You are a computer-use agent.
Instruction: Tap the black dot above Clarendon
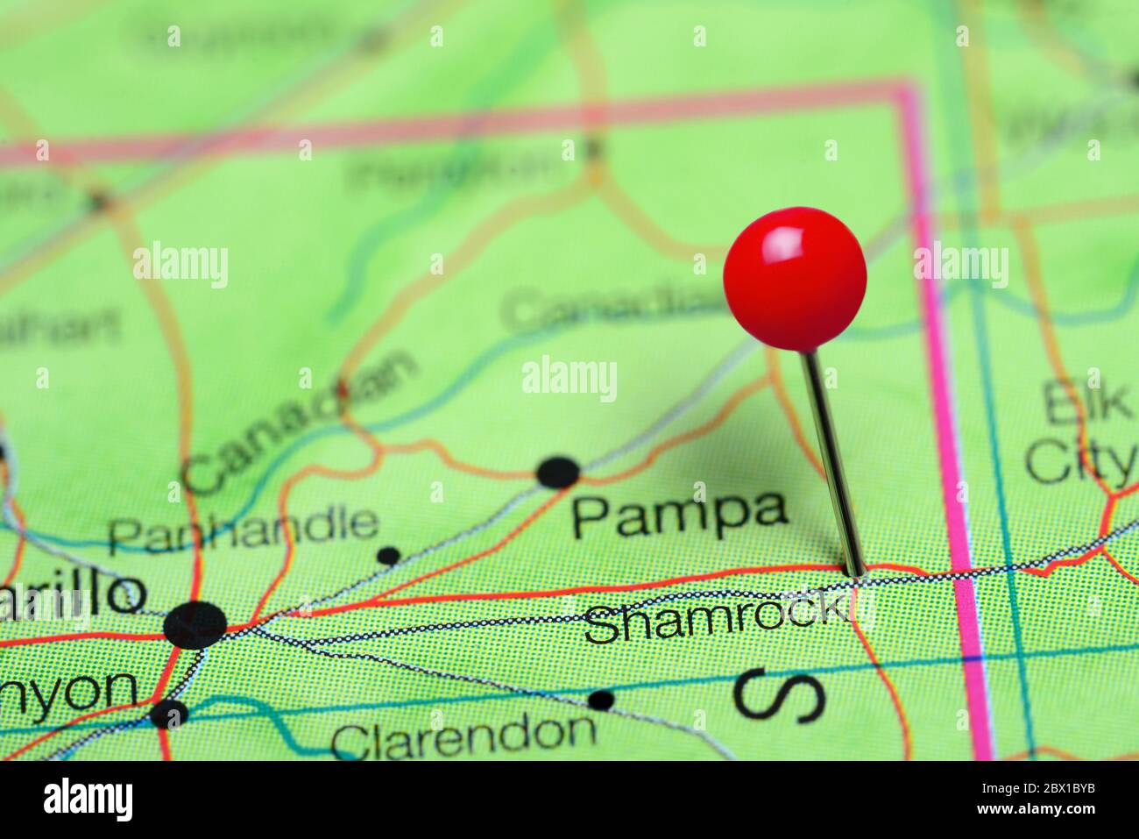[x=600, y=700]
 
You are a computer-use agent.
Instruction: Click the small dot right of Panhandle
[x=388, y=555]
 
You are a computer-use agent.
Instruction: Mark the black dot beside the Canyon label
[x=168, y=715]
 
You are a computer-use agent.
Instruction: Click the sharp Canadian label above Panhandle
[x=298, y=420]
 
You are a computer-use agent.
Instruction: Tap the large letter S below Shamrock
[x=779, y=696]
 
